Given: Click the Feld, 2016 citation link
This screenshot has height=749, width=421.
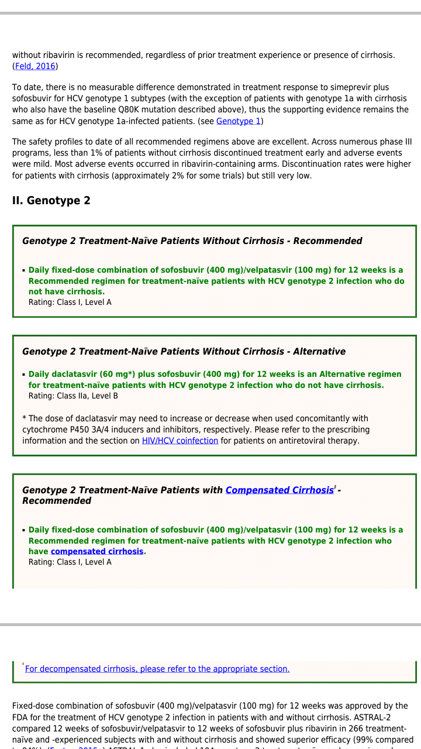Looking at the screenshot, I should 35,66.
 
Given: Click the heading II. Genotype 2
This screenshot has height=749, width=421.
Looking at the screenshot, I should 51,201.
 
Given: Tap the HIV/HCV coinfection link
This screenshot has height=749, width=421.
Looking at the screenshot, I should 180,441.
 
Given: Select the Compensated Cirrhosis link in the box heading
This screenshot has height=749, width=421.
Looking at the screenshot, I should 279,490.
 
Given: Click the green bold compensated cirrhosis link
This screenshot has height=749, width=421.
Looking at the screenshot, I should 97,551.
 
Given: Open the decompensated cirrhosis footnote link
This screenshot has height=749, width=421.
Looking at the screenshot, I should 157,669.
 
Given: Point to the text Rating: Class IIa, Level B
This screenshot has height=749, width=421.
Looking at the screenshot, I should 73,396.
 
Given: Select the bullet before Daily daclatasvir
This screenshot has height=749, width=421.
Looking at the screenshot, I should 24,374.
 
